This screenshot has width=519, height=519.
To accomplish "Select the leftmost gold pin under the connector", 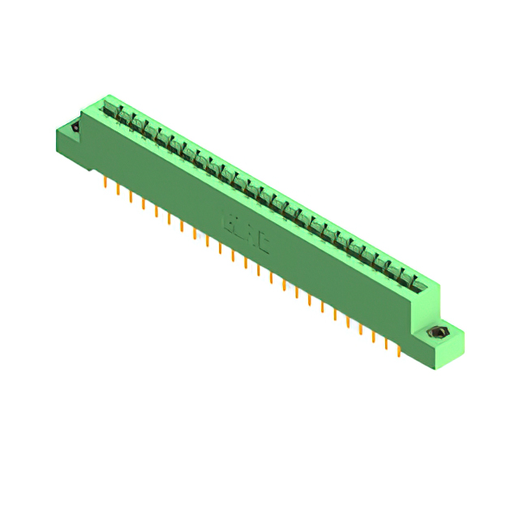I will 105,183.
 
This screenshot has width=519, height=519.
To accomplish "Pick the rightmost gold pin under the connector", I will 398,350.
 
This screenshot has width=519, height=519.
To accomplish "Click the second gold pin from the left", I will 118,191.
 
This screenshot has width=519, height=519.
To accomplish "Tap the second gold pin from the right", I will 386,343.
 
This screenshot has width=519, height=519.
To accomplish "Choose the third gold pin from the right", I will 373,336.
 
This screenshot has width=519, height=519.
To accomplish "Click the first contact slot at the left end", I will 111,108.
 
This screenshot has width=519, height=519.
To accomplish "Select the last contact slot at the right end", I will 417,283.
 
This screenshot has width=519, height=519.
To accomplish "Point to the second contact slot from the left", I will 123,116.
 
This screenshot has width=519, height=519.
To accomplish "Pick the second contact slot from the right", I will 404,276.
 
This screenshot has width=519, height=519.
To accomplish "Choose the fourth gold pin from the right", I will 361,328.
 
